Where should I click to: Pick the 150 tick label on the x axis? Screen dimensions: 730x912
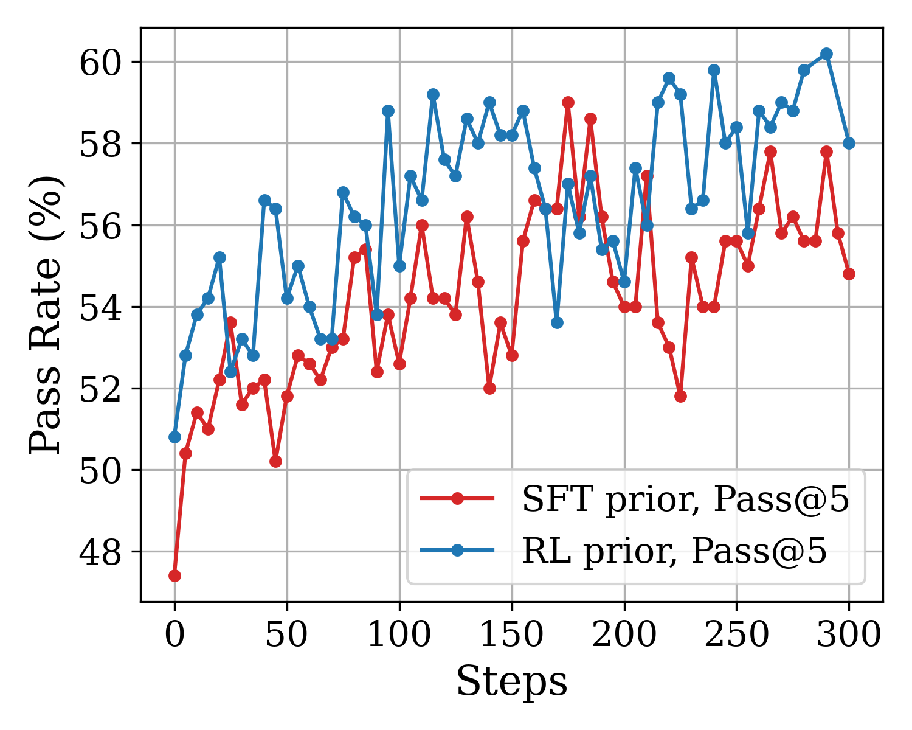pyautogui.click(x=512, y=635)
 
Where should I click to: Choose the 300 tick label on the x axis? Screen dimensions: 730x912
pyautogui.click(x=849, y=635)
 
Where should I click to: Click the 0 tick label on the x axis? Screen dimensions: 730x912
pyautogui.click(x=174, y=635)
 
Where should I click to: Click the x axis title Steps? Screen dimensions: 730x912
pyautogui.click(x=512, y=681)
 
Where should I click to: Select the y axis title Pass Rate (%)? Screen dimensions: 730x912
pyautogui.click(x=46, y=315)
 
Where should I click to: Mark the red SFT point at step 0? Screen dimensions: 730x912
pyautogui.click(x=174, y=575)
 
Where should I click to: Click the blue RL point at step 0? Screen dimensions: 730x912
pyautogui.click(x=174, y=437)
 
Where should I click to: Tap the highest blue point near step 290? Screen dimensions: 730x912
pyautogui.click(x=826, y=54)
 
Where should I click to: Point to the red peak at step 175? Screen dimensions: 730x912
pyautogui.click(x=568, y=102)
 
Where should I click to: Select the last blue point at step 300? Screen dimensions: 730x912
pyautogui.click(x=849, y=143)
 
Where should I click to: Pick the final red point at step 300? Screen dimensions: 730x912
pyautogui.click(x=849, y=274)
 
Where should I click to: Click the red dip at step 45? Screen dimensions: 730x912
pyautogui.click(x=275, y=461)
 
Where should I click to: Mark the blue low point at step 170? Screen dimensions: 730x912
pyautogui.click(x=557, y=322)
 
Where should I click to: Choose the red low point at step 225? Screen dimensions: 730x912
pyautogui.click(x=680, y=396)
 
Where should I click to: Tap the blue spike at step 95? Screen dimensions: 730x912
pyautogui.click(x=388, y=111)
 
